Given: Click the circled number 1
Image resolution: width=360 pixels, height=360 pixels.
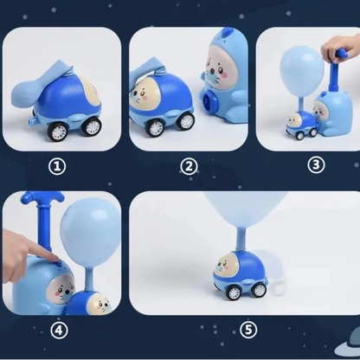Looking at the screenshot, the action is [57, 166].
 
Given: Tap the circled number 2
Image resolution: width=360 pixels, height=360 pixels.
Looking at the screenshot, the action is [189, 166].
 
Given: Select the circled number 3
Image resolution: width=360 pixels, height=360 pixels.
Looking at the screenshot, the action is [316, 165].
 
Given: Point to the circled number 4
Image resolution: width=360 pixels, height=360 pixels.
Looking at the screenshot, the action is [59, 331].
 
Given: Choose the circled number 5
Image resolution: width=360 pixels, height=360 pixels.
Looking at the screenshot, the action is [248, 330].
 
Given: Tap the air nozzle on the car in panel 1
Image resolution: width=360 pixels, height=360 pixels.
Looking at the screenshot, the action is [31, 121].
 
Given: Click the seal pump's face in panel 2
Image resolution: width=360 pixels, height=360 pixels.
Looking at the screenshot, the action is [221, 70].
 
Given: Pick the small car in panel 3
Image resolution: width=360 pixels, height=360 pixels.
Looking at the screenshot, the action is [301, 125].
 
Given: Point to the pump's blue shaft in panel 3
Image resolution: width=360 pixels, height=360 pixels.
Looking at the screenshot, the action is [335, 74].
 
